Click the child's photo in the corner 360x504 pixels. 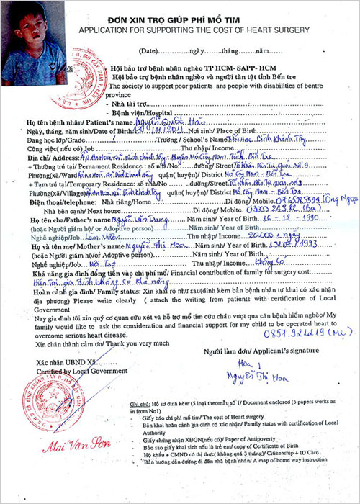[x=32, y=43]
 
